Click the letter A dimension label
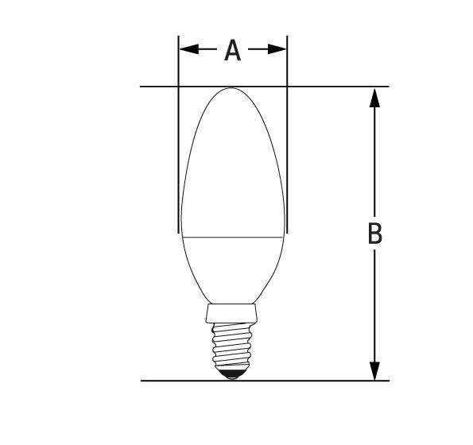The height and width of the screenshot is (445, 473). [x=233, y=50]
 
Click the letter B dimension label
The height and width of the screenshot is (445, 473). [x=375, y=234]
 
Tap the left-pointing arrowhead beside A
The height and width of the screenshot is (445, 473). [x=189, y=48]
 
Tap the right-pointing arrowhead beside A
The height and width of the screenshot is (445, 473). [x=277, y=48]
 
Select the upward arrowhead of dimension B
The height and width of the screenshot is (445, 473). [x=374, y=98]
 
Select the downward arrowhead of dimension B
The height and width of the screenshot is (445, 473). [x=374, y=371]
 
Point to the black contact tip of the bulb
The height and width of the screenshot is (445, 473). [x=231, y=373]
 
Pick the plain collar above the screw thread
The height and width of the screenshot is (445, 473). [x=231, y=313]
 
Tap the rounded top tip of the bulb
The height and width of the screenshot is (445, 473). [x=231, y=88]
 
